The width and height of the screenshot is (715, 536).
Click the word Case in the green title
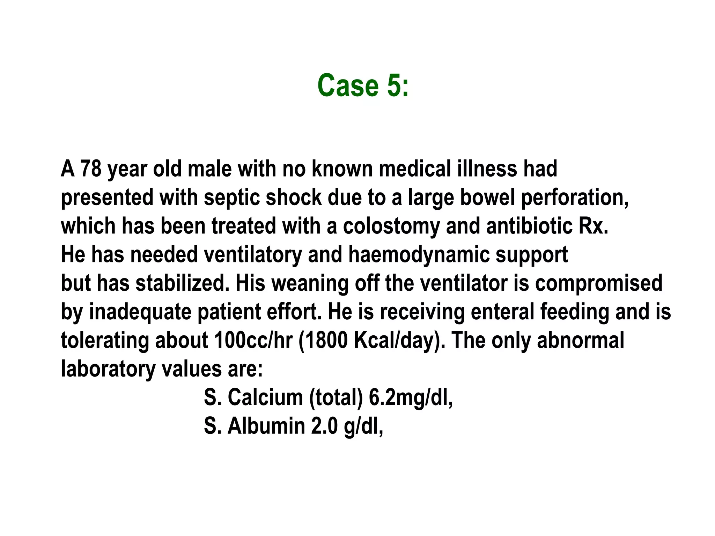pyautogui.click(x=348, y=85)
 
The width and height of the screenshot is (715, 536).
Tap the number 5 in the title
pyautogui.click(x=394, y=85)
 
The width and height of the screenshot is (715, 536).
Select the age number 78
pyautogui.click(x=91, y=169)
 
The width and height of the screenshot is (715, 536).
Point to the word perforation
pyautogui.click(x=575, y=198)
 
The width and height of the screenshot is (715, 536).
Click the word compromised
pyautogui.click(x=598, y=283)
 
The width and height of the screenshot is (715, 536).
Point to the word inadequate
pyautogui.click(x=140, y=312)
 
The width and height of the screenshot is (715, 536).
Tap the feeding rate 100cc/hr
pyautogui.click(x=253, y=340)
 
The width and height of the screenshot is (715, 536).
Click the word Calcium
pyautogui.click(x=265, y=397)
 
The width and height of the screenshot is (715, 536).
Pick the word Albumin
pyautogui.click(x=266, y=426)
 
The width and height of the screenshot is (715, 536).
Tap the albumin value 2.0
pyautogui.click(x=324, y=426)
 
